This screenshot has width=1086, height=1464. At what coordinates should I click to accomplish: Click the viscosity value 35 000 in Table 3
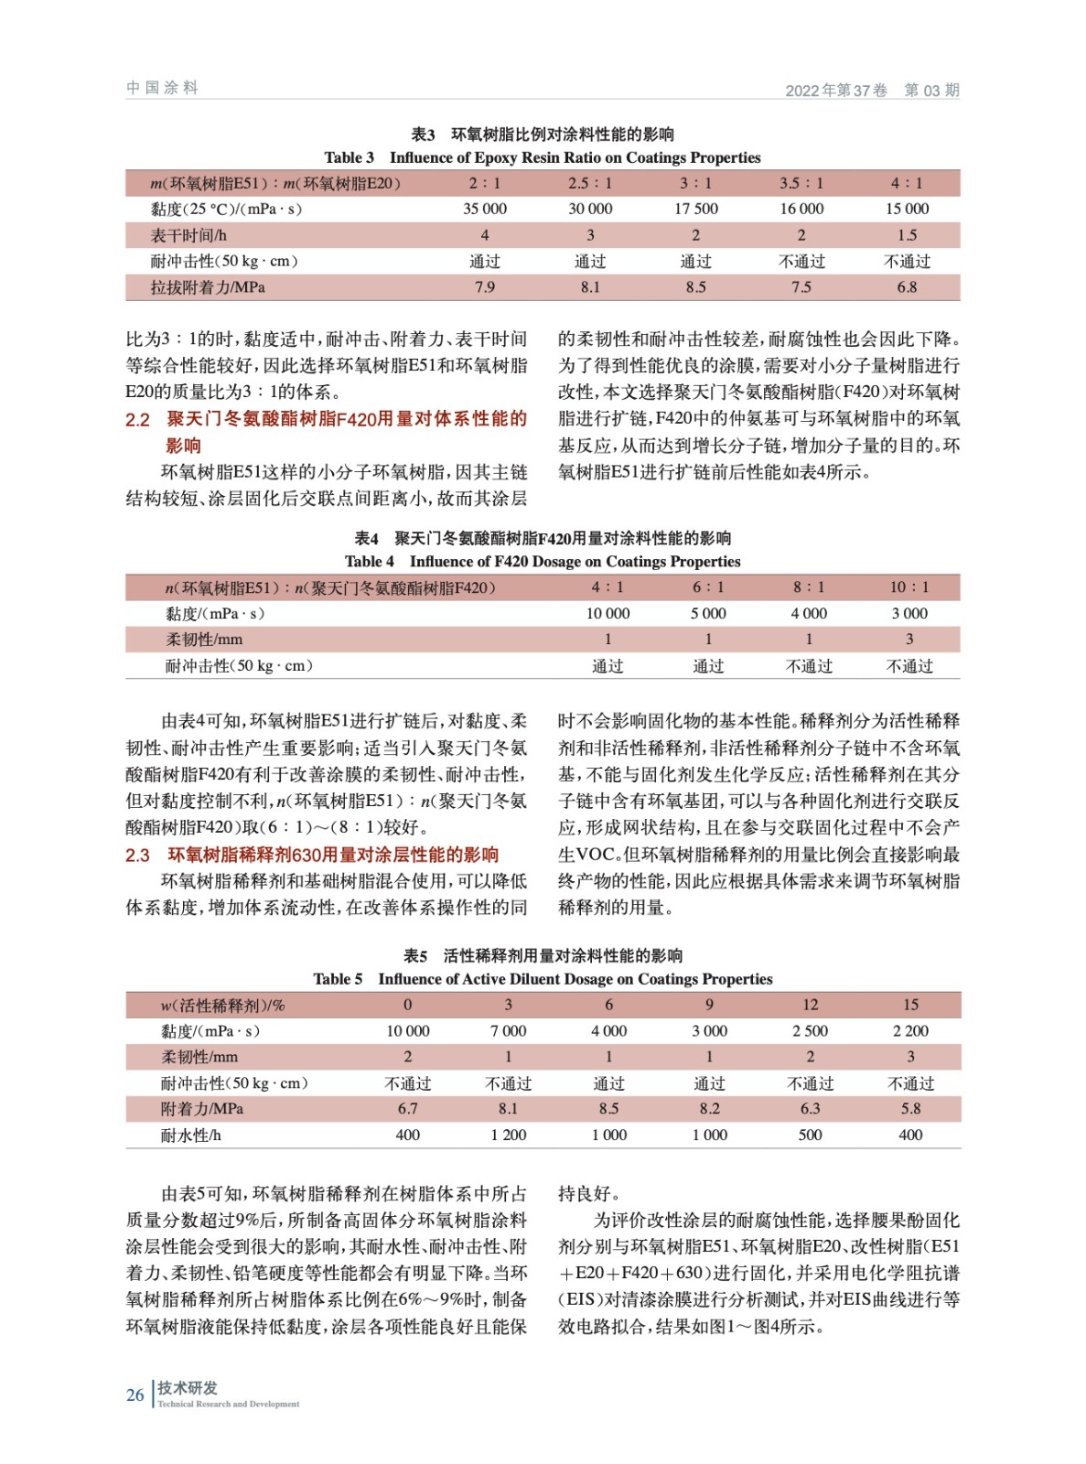(x=484, y=209)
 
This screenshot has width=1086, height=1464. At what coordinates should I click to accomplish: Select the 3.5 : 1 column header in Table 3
(x=801, y=183)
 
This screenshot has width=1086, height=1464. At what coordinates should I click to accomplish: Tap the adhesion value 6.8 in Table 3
(x=906, y=287)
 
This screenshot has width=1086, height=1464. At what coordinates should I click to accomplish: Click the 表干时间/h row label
(x=188, y=235)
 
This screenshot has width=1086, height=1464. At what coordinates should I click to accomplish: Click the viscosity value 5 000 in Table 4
(x=707, y=613)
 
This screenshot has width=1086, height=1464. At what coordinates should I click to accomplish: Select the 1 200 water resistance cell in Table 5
(x=508, y=1135)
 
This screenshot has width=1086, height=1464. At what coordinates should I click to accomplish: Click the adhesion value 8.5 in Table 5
(x=608, y=1109)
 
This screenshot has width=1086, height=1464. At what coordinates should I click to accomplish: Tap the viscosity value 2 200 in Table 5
(x=909, y=1031)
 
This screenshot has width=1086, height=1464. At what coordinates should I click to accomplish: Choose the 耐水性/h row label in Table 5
(x=191, y=1135)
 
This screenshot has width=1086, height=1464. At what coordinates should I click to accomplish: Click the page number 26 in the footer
(x=135, y=1394)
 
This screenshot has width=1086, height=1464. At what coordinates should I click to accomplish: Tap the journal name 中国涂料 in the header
(x=162, y=88)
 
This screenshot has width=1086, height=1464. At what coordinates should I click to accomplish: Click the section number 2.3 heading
(x=138, y=855)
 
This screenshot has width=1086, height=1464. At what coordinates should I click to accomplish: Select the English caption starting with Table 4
(x=543, y=561)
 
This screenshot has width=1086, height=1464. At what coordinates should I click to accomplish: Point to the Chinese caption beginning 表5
(x=543, y=955)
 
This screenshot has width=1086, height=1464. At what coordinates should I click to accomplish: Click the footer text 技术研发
(x=187, y=1387)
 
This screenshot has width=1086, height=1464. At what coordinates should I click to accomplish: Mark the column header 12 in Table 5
(x=810, y=1005)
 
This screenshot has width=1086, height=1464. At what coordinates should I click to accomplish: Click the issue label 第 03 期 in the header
(x=930, y=90)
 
